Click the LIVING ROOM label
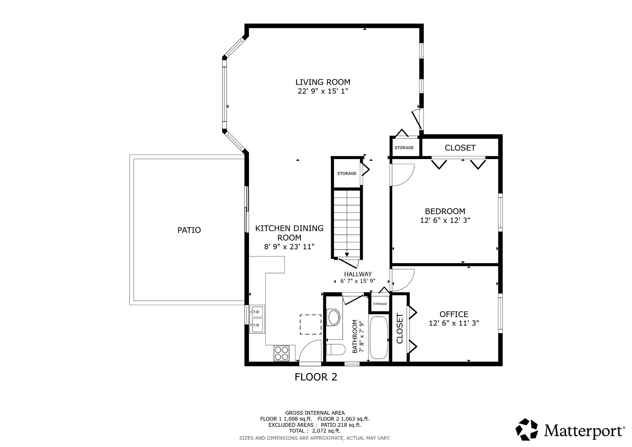pos(323,82)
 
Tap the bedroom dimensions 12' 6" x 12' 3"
pos(445,220)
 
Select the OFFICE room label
pos(454,314)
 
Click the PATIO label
pos(189,230)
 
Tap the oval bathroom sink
pos(334,317)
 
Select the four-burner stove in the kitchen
pos(282,353)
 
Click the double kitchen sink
pos(257,319)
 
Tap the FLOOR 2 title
pos(316,377)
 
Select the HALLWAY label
pos(358,274)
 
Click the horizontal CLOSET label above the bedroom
pos(460,148)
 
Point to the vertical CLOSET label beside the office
pos(400,328)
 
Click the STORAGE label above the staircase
pos(347,174)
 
